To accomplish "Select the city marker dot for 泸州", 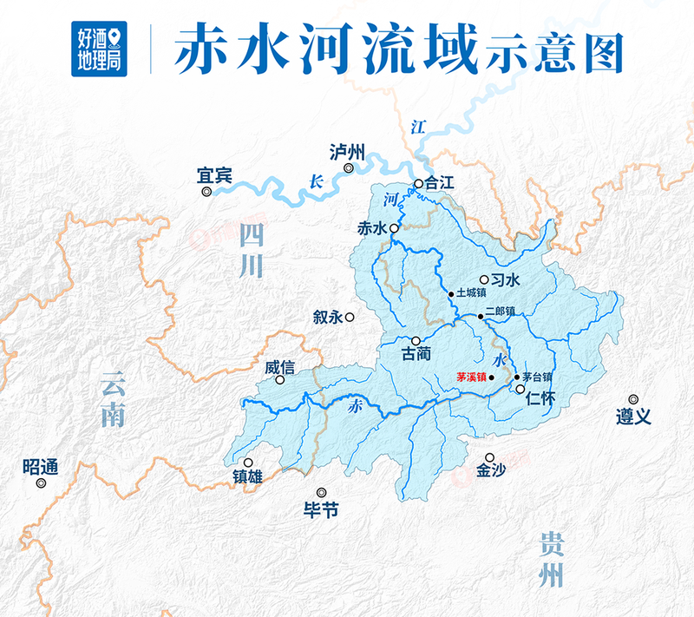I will (349, 168).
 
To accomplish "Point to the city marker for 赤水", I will (394, 228).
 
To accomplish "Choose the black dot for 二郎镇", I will (480, 318).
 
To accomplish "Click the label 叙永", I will (328, 318).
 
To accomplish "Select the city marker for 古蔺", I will (416, 340).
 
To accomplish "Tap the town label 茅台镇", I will (537, 377).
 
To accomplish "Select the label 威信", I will (279, 367).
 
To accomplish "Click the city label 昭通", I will (40, 467).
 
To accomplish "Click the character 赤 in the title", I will (199, 51).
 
